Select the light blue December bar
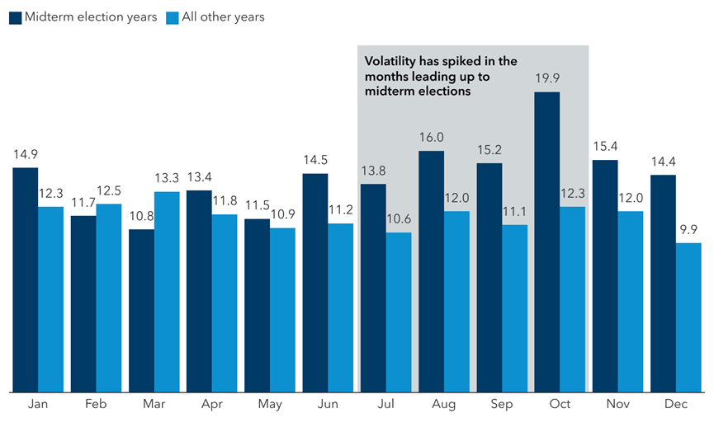tap(688, 317)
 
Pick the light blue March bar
tap(167, 292)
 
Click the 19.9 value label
tap(546, 79)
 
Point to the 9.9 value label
tap(688, 230)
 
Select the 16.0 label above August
tap(431, 138)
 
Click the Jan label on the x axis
tap(38, 406)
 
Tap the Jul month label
tap(385, 406)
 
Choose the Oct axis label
tap(560, 406)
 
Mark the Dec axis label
tap(675, 406)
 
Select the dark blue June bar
tap(315, 282)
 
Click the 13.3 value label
tap(167, 179)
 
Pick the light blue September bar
tap(514, 308)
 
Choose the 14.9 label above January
tap(26, 154)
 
